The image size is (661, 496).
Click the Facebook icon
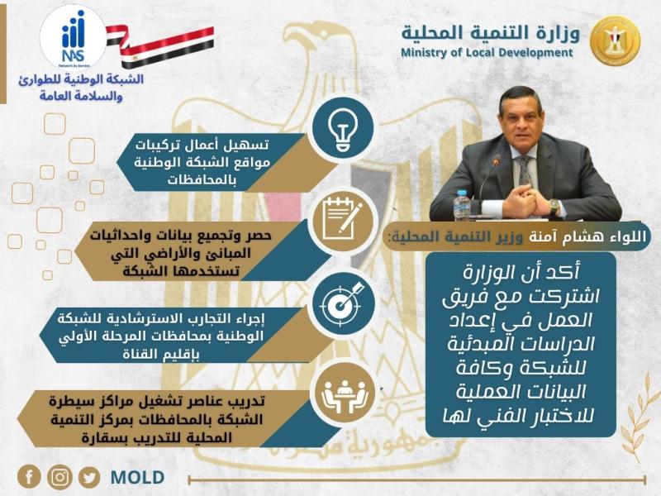tap(29, 477)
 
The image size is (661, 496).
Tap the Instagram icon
tap(59, 477)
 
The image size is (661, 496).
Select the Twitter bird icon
tap(89, 477)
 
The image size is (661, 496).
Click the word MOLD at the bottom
tap(137, 478)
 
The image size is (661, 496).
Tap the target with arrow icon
tap(342, 303)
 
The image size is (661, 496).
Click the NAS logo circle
tap(73, 37)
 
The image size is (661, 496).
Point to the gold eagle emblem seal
tap(615, 41)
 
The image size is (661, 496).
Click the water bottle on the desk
tap(462, 205)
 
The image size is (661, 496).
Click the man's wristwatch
tap(554, 205)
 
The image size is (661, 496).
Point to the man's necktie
tap(525, 170)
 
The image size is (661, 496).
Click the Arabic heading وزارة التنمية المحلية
tap(491, 32)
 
